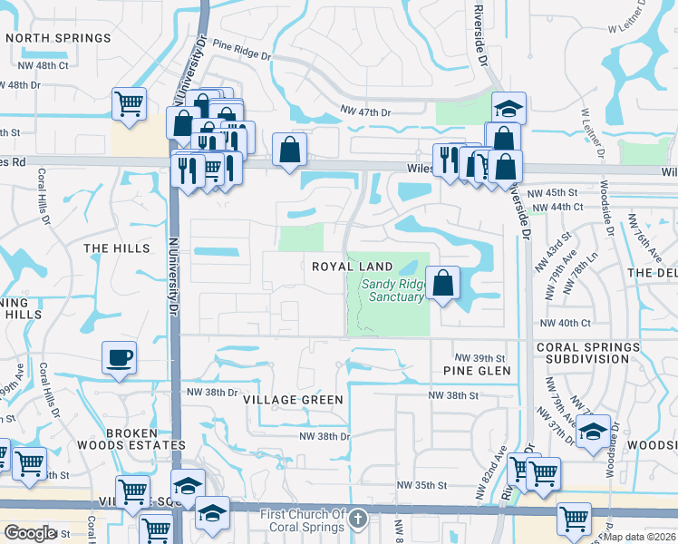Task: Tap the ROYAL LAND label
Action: click(353, 267)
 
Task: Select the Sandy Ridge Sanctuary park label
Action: click(392, 290)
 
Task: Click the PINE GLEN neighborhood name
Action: click(477, 371)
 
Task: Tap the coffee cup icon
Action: click(119, 356)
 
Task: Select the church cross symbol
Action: click(358, 520)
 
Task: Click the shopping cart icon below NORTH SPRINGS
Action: click(130, 102)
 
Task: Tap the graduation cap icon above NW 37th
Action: click(593, 431)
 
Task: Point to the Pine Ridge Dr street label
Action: click(240, 49)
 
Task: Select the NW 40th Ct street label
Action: click(565, 323)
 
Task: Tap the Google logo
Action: click(31, 533)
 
